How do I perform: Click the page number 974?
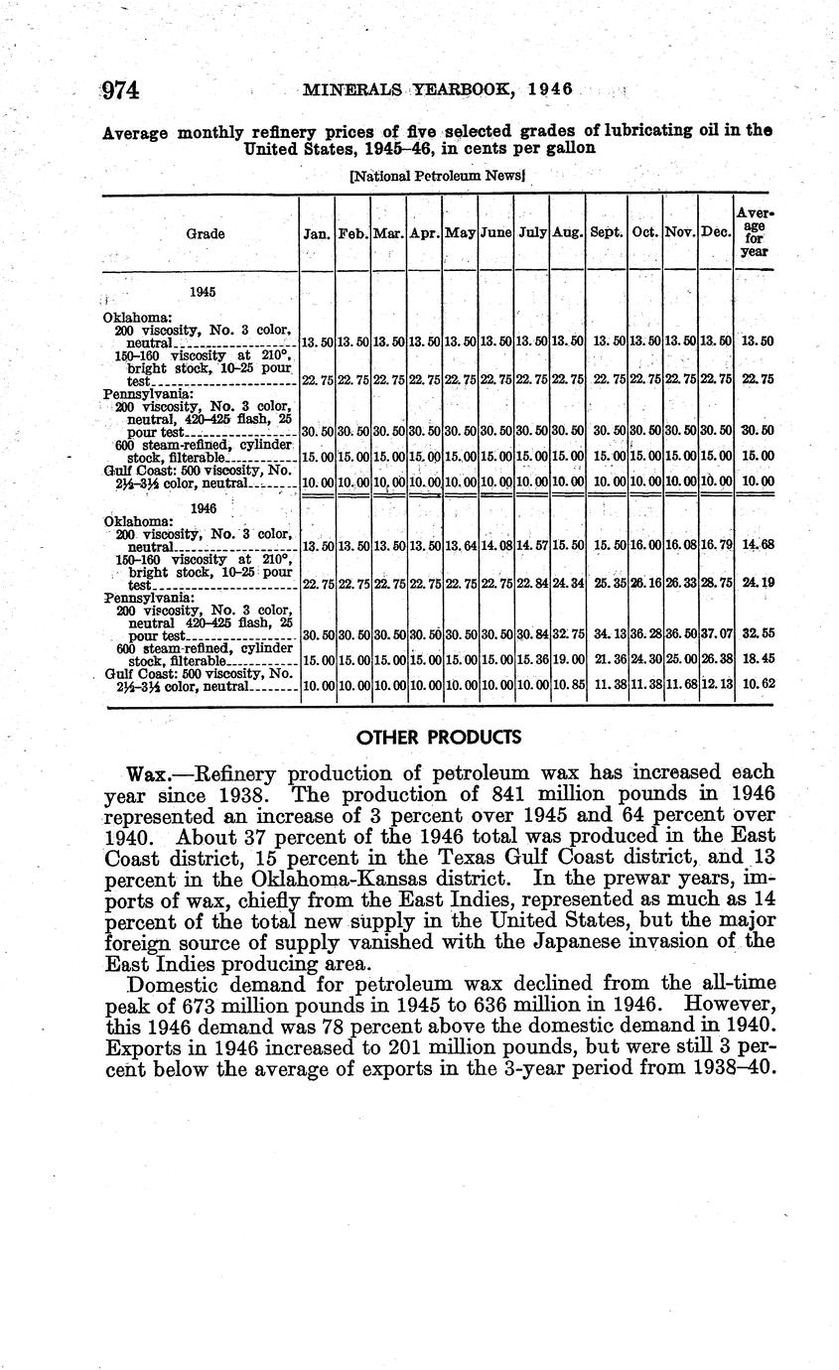tap(122, 90)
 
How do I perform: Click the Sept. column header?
tap(606, 234)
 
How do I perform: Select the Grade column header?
tap(205, 234)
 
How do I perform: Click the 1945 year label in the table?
tap(204, 292)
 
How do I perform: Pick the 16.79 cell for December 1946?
tap(716, 546)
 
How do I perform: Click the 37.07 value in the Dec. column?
tap(716, 634)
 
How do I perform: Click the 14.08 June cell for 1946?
tap(494, 546)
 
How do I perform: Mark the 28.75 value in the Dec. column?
tap(716, 585)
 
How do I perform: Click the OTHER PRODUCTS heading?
tap(437, 738)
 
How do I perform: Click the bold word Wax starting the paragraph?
tap(149, 772)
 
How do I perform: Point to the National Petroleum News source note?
tap(437, 176)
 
